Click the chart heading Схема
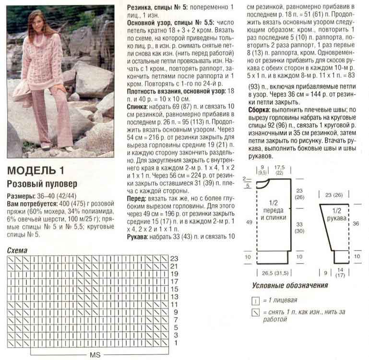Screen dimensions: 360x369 [18, 251]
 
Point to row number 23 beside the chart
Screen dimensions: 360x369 [175, 258]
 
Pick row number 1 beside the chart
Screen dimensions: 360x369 [176, 343]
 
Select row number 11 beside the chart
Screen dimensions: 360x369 [175, 305]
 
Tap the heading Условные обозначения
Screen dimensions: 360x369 [290, 286]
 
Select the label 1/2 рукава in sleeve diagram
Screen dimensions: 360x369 [337, 215]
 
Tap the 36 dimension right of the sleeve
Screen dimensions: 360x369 [356, 223]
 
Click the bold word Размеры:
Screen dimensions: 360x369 [20, 196]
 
